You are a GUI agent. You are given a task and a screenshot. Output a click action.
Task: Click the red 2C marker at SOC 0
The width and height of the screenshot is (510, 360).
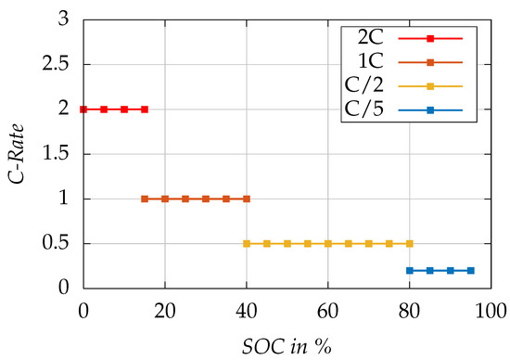click(x=83, y=109)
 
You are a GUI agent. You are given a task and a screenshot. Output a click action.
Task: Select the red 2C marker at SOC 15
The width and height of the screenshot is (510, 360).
click(x=145, y=109)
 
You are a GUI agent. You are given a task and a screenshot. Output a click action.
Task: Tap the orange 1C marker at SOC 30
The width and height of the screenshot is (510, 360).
click(x=206, y=199)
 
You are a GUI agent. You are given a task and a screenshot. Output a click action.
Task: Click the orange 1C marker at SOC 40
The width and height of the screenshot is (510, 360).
click(x=247, y=199)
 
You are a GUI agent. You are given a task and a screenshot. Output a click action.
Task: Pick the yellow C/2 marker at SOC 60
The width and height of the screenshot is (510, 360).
click(x=327, y=244)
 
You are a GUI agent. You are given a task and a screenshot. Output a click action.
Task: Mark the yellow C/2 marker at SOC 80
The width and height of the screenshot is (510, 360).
click(x=409, y=244)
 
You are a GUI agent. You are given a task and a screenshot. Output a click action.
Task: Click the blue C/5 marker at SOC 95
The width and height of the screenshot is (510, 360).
click(x=470, y=270)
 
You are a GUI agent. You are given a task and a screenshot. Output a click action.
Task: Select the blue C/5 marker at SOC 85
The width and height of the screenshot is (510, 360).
click(x=429, y=270)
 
